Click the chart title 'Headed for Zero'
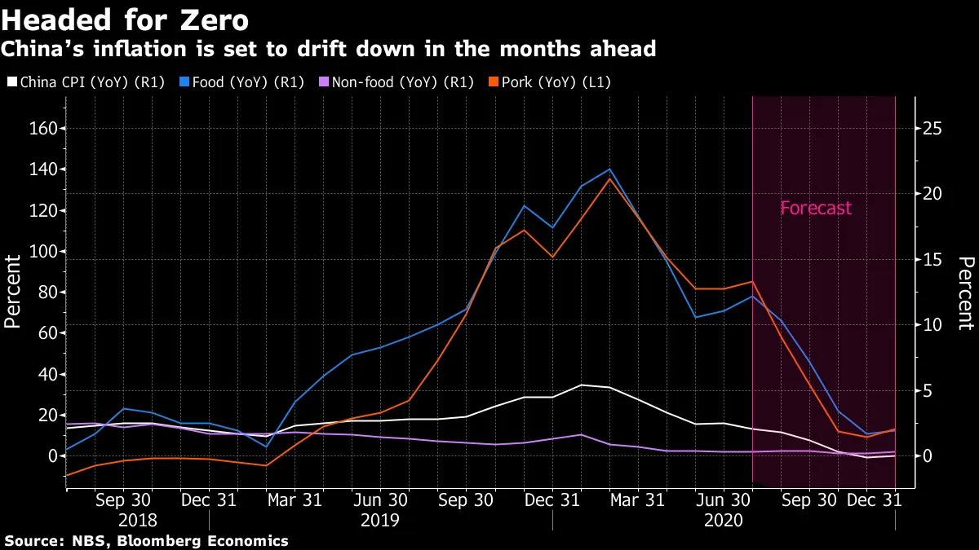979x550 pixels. click(x=125, y=19)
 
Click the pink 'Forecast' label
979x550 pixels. click(x=815, y=208)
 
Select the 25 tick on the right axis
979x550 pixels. click(x=932, y=129)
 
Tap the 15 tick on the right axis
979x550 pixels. click(x=932, y=260)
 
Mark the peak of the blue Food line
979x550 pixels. click(x=609, y=169)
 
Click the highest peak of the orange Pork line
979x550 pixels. click(x=609, y=178)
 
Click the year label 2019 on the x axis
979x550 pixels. click(x=381, y=520)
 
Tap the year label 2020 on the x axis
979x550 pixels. click(x=724, y=520)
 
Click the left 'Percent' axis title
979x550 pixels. click(x=12, y=291)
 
